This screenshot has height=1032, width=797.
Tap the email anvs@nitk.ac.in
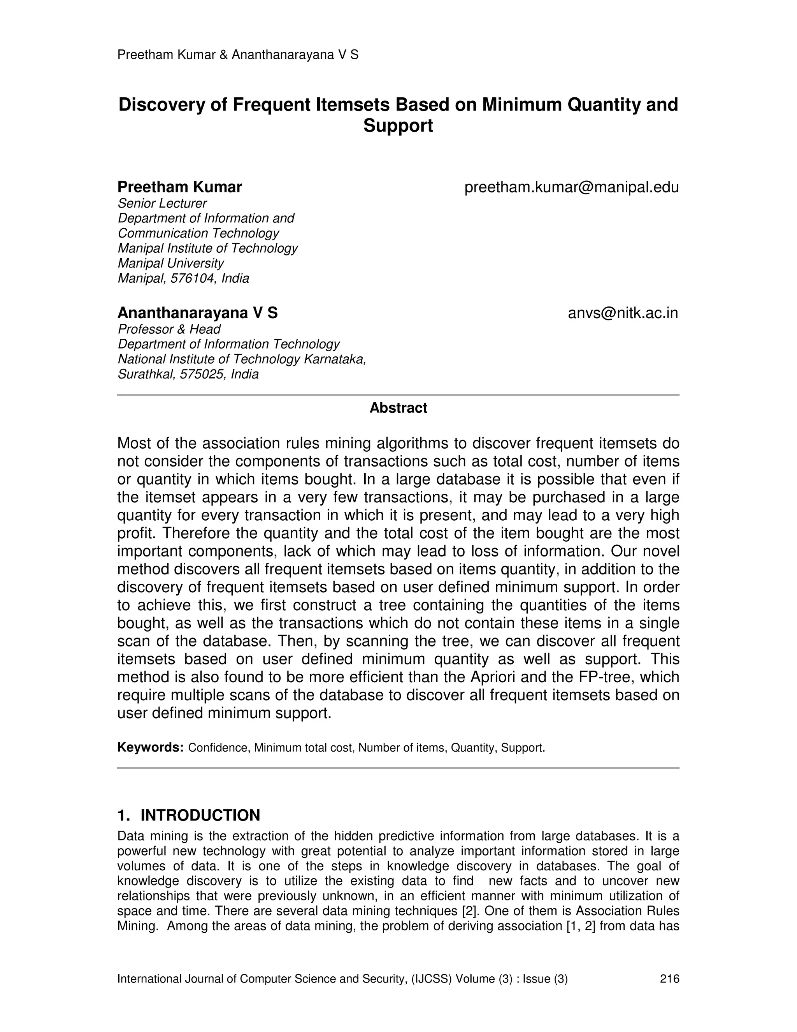point(623,313)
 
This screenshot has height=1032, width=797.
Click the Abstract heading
point(398,408)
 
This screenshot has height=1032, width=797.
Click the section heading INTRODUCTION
point(200,815)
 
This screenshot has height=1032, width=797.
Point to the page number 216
point(669,979)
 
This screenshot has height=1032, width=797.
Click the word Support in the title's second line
point(398,126)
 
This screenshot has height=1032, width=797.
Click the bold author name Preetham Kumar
point(179,187)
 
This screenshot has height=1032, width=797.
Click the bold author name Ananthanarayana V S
point(197,313)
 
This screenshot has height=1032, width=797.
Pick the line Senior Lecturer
point(162,203)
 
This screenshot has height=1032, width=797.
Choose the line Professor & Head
point(169,329)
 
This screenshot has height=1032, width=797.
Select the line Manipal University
point(170,263)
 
